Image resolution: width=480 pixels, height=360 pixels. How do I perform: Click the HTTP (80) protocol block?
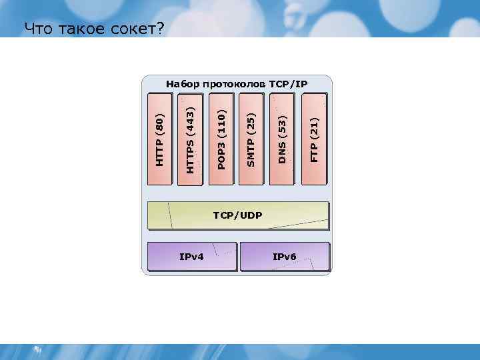tap(159, 139)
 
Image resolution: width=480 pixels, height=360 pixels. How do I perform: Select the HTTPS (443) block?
tap(191, 139)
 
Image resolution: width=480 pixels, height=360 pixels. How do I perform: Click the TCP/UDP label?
tap(237, 216)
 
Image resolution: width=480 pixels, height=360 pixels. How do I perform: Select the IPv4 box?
tap(192, 257)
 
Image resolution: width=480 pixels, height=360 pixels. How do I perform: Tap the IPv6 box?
tap(285, 257)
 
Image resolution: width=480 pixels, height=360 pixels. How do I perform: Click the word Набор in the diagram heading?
tap(182, 84)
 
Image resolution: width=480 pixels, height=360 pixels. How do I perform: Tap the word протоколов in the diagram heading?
tap(234, 84)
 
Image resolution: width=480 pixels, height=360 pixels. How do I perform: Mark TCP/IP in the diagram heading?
tap(289, 84)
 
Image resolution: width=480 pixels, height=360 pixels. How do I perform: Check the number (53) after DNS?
tap(283, 125)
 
